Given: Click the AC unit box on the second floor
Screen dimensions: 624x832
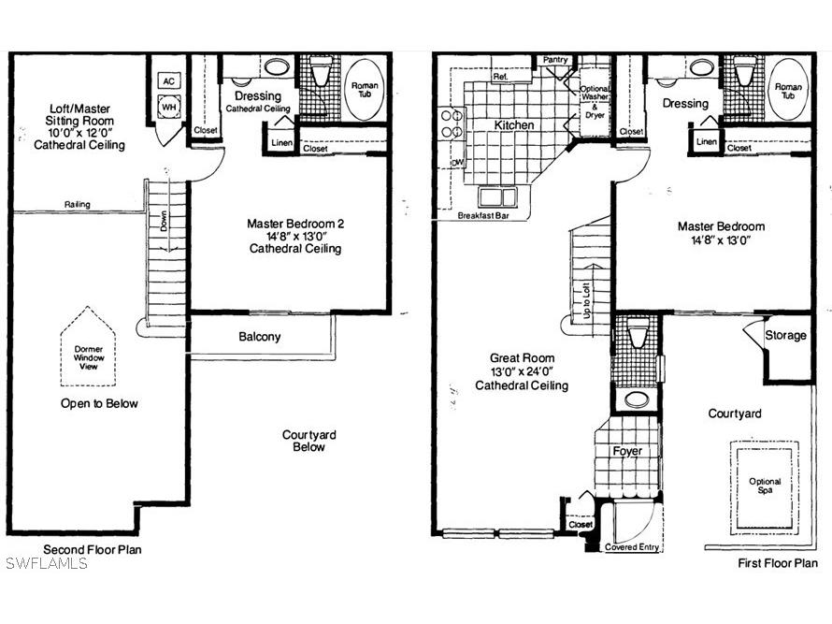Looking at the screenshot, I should pos(169,80).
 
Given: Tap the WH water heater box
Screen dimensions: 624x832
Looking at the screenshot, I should pos(169,108).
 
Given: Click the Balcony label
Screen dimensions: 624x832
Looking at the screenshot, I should pos(259,337).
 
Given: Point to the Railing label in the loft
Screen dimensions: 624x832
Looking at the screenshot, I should pos(78,204).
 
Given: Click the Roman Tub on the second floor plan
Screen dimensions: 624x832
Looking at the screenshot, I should pos(363,90).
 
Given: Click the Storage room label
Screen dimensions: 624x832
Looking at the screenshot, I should pos(785,335).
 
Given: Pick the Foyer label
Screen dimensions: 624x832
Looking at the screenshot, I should pos(627,451).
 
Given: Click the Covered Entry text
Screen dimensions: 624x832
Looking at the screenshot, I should pos(634,546).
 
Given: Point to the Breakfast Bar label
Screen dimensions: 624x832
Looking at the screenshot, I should pos(482,215).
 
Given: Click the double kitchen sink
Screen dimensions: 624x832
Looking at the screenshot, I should pos(497,196).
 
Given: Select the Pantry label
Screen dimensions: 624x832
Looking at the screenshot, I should pos(555,60).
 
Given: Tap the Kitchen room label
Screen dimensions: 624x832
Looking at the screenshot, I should pos(514,124).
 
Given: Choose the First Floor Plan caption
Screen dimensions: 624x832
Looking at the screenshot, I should pos(778,563).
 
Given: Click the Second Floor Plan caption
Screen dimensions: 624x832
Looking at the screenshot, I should pos(93,549).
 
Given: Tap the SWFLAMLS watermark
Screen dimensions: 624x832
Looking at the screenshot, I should pos(47,563).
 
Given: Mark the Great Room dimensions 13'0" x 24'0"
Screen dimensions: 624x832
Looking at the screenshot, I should pos(522,371).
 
